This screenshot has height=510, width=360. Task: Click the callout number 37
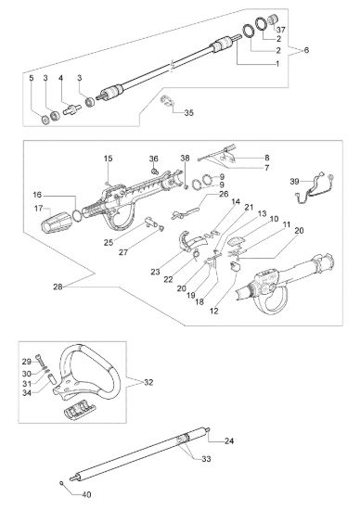tap(281, 30)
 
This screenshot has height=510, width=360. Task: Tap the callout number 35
tap(188, 112)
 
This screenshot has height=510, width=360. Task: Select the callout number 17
tap(38, 208)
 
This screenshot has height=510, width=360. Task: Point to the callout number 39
tap(294, 181)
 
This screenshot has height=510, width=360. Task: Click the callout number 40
tap(86, 495)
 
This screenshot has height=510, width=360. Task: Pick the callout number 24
tap(229, 441)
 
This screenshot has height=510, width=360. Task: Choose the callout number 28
tap(58, 287)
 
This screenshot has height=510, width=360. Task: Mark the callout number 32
tap(148, 382)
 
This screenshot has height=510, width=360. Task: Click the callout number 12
tap(214, 311)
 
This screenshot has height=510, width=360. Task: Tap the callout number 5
tap(32, 78)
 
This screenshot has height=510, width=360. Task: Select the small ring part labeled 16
tap(76, 215)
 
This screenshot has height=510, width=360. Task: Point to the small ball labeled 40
tap(61, 483)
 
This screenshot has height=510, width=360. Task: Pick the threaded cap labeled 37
tap(272, 19)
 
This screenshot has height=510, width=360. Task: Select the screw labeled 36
tap(154, 170)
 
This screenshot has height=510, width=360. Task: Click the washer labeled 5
tap(45, 120)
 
